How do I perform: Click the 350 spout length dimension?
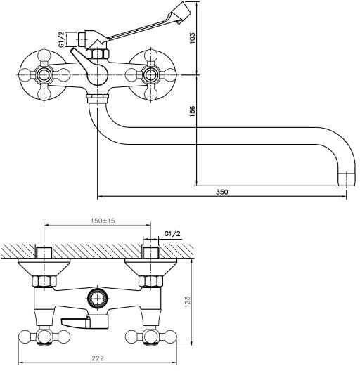tap(222, 192)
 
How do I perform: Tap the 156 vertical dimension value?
tap(192, 111)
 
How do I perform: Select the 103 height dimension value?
tap(192, 38)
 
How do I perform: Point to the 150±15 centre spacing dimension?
tap(103, 221)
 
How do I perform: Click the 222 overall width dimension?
tap(98, 358)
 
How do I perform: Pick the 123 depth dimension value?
tap(187, 301)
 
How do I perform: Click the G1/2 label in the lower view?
tap(172, 234)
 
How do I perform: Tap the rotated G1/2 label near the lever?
tap(61, 39)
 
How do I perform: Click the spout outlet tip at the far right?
tap(346, 179)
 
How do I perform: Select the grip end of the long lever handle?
tap(181, 12)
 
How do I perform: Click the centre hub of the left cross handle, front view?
tap(44, 75)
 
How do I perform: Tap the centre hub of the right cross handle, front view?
tap(150, 75)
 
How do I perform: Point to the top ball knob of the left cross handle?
tap(44, 56)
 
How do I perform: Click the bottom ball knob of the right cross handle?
tap(150, 94)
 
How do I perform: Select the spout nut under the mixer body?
tap(97, 98)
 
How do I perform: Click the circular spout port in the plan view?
tap(97, 298)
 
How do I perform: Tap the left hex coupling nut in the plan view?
tap(44, 281)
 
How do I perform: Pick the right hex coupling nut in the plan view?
tap(150, 281)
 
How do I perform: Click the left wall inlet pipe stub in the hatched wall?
tap(44, 252)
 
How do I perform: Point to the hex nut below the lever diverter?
tap(97, 53)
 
